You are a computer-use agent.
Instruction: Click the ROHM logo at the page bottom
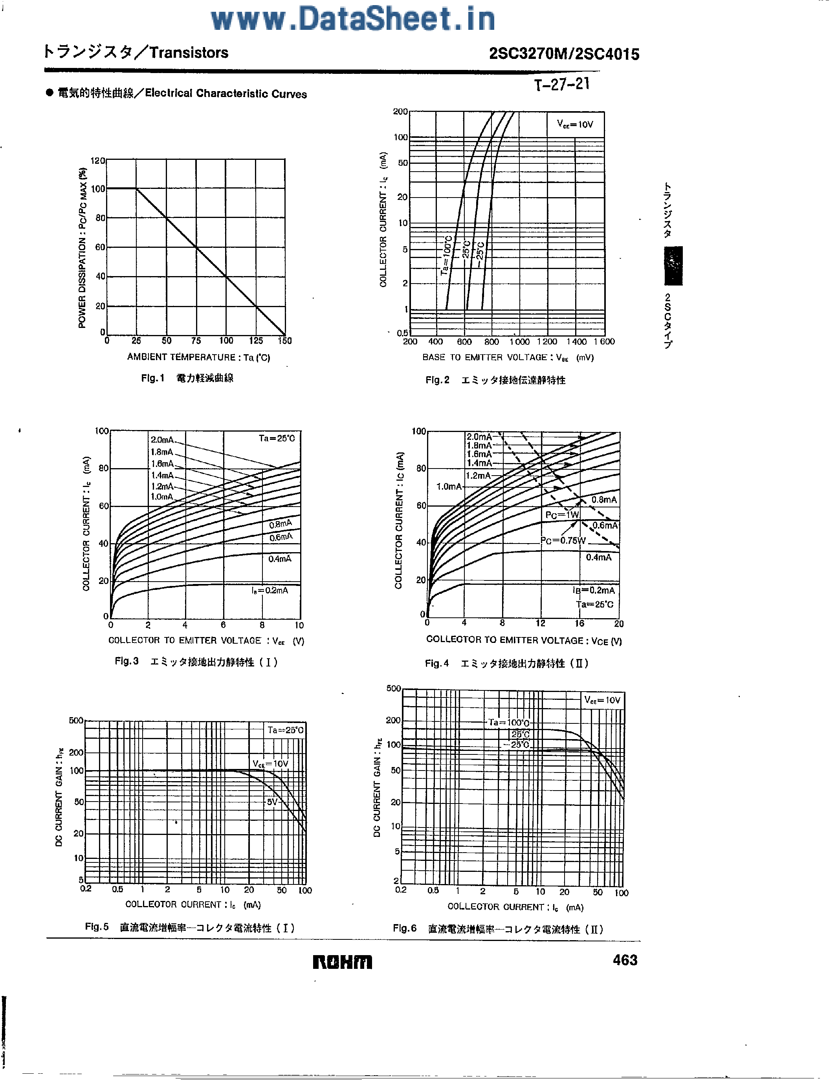tap(342, 962)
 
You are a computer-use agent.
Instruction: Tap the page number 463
tap(625, 960)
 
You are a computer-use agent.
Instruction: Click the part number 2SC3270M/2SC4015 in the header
tap(564, 53)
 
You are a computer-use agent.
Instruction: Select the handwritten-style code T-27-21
tap(562, 84)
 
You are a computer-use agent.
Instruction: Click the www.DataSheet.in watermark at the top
tap(353, 19)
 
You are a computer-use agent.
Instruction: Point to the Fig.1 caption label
tap(152, 378)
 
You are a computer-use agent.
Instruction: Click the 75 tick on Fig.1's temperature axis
tap(196, 341)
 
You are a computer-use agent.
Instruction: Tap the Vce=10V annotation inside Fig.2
tap(575, 124)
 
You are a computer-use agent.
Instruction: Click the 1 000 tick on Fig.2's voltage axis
tap(519, 342)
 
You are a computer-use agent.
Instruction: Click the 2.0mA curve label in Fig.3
tap(162, 439)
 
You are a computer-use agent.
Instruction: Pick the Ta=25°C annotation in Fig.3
tap(277, 438)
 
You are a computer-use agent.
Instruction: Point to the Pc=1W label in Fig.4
tap(562, 515)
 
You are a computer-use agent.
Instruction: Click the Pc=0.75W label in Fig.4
tap(563, 540)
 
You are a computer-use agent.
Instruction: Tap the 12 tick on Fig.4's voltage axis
tap(541, 624)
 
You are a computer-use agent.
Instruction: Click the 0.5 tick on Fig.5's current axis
tap(117, 889)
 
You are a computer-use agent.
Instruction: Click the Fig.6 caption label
tap(405, 928)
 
